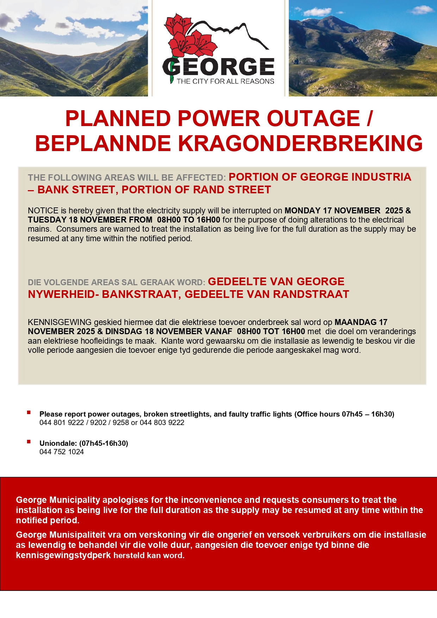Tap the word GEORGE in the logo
pos(219,67)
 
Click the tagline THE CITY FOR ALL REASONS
pos(225,81)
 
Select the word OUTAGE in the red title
pos(313,118)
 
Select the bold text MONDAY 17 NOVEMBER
pos(332,211)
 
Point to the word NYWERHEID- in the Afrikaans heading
pos(63,294)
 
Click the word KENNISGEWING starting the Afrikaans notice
pos(60,322)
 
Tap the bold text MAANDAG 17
pos(361,322)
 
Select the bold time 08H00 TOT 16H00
pos(271,331)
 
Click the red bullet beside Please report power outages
pos(29,412)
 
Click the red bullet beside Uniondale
pos(29,442)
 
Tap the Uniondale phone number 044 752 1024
pos(62,452)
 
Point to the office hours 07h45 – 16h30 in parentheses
pos(367,414)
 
